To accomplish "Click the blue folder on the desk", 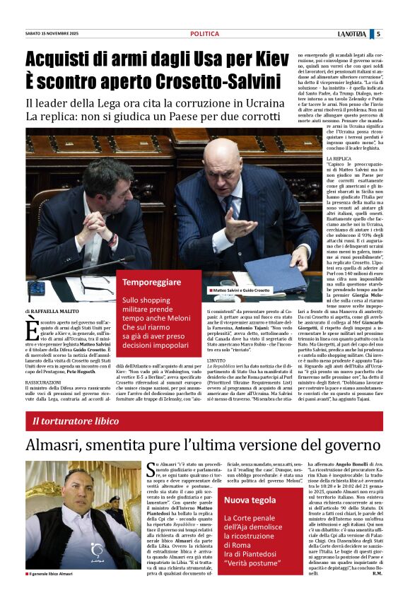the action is (x=272, y=270).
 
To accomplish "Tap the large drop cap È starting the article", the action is (x=33, y=331).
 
